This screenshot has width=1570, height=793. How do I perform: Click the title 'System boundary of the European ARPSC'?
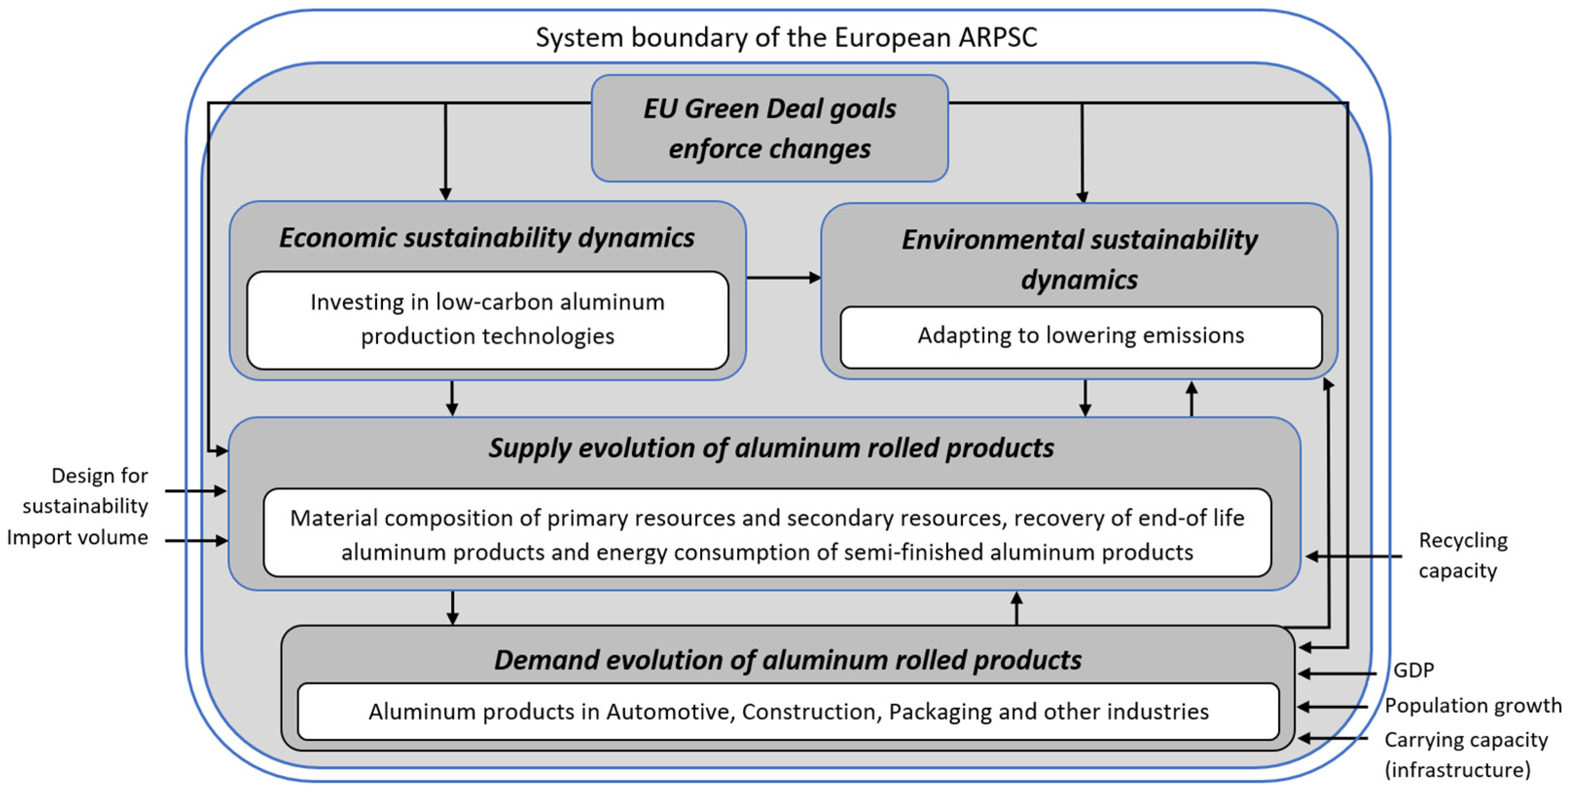(x=786, y=38)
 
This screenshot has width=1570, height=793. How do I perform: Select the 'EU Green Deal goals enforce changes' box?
(x=770, y=128)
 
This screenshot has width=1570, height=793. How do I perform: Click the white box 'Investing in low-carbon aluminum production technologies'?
(x=487, y=320)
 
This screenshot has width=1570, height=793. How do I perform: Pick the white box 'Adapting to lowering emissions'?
(x=1081, y=337)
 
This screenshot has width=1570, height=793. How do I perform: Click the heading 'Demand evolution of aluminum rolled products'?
(x=788, y=661)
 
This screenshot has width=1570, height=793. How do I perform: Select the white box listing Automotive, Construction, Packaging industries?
(x=788, y=712)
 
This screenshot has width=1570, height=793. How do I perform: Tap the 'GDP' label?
(x=1414, y=670)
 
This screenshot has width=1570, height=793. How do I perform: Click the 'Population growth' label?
(x=1473, y=706)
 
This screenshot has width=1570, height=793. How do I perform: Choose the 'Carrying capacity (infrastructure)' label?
(x=1465, y=755)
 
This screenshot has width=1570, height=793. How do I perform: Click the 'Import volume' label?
(x=77, y=538)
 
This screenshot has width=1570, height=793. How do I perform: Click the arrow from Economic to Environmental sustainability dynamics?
(x=783, y=278)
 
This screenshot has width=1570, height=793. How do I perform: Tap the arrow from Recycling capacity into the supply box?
(x=1353, y=557)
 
